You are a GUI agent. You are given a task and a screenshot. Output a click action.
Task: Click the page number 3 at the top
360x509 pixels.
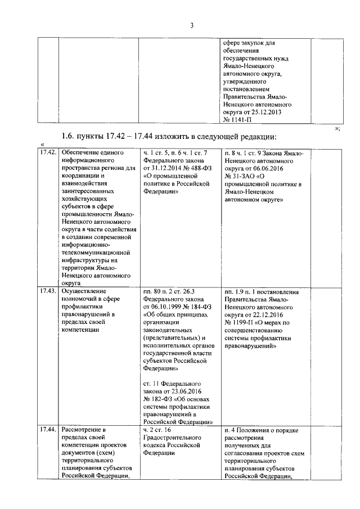click(191, 25)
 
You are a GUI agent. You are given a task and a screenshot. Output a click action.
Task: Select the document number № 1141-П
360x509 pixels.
click(235, 119)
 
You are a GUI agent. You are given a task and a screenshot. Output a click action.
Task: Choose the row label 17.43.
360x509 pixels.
click(47, 291)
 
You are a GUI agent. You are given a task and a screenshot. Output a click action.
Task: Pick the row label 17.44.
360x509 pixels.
click(47, 430)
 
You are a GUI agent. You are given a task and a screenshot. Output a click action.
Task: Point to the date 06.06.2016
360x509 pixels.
click(271, 167)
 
